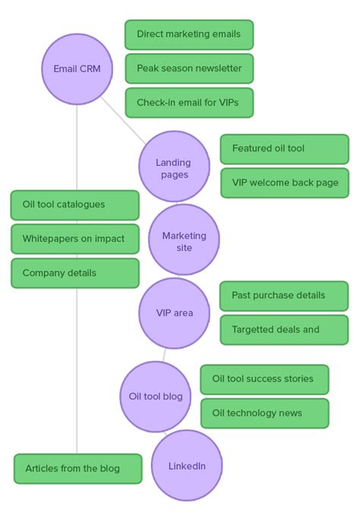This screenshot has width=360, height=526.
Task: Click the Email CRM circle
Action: (x=77, y=68)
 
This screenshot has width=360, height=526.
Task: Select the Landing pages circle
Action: (x=174, y=166)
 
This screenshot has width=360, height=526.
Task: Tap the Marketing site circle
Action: (x=184, y=239)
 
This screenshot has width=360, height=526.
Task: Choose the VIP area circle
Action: (x=174, y=312)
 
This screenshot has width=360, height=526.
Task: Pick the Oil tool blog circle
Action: (x=156, y=397)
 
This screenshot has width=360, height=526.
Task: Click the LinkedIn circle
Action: (x=187, y=465)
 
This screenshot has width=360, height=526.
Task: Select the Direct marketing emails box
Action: (x=189, y=35)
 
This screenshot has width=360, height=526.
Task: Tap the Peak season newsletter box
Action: (x=189, y=68)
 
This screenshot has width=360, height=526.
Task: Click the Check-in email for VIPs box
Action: (x=189, y=103)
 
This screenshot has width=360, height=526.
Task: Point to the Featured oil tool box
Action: (x=284, y=149)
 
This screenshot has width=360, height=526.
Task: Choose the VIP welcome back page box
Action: (x=284, y=183)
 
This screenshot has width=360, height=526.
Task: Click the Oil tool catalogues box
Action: (x=75, y=205)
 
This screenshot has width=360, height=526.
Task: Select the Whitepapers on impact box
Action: (x=75, y=239)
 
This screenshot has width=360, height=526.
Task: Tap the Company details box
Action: (x=75, y=273)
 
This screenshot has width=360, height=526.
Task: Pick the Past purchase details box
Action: (x=284, y=296)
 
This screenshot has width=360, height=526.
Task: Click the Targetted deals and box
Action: (x=284, y=330)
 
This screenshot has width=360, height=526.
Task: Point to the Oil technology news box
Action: (x=264, y=414)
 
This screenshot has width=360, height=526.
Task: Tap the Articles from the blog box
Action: (x=77, y=469)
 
